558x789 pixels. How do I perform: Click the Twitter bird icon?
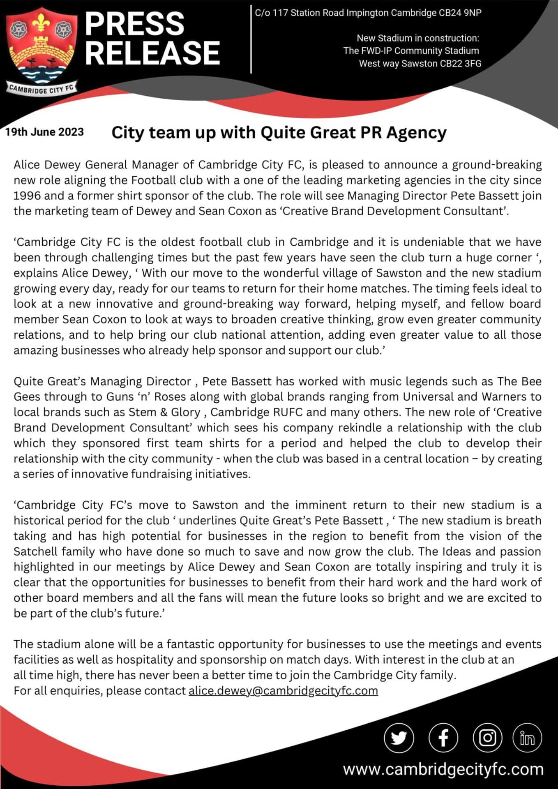(399, 738)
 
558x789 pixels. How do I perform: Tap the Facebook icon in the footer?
(443, 738)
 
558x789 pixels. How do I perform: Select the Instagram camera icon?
(487, 738)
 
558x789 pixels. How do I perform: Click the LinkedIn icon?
(527, 738)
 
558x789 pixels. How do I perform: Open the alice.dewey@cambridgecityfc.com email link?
(283, 690)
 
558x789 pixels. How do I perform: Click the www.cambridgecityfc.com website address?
(443, 769)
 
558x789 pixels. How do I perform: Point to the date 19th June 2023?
(44, 132)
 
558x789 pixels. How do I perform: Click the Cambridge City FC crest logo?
(41, 47)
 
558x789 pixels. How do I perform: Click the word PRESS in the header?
(134, 24)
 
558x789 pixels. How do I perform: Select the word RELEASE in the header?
(152, 53)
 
